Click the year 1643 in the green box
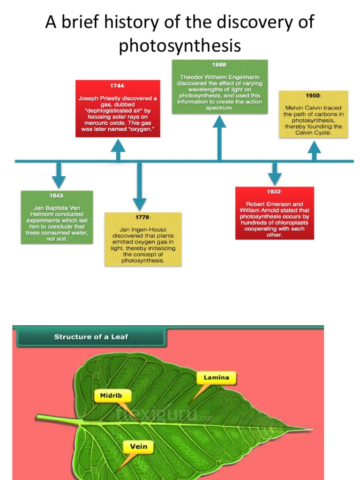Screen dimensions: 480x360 [57, 195]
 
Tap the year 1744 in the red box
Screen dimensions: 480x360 [118, 86]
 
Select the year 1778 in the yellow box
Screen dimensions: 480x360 [142, 217]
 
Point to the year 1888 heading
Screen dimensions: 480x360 [219, 65]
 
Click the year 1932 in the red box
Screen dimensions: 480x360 [275, 192]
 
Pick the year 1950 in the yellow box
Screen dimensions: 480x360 [313, 96]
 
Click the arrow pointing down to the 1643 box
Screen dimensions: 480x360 [59, 175]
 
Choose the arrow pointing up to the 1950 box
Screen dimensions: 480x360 [314, 150]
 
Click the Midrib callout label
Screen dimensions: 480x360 [111, 396]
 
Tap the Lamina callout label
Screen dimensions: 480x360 [216, 377]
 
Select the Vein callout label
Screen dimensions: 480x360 [138, 446]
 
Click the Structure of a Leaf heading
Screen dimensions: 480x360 [91, 337]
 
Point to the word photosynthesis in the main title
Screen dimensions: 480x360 [180, 45]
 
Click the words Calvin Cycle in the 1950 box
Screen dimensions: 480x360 [313, 133]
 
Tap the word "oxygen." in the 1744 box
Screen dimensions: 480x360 [141, 129]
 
